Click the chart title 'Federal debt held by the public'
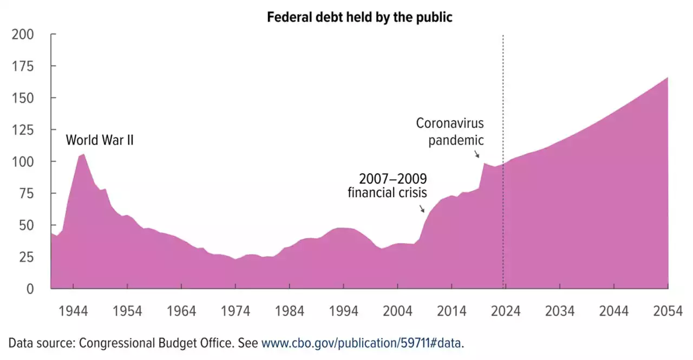(x=359, y=17)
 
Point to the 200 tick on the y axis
(x=23, y=35)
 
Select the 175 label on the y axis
(x=23, y=67)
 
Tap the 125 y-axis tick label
(x=23, y=130)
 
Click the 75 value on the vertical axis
(x=26, y=193)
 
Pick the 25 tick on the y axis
(x=26, y=257)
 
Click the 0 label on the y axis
(x=30, y=289)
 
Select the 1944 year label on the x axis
(x=74, y=311)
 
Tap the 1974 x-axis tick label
(x=236, y=311)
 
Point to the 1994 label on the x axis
(x=344, y=311)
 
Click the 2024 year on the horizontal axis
(x=506, y=311)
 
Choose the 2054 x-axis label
(x=668, y=311)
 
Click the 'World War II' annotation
(x=100, y=140)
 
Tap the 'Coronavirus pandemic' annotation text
(x=449, y=132)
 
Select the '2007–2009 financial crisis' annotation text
(x=387, y=186)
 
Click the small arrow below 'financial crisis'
(x=422, y=208)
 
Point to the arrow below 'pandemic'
(x=476, y=154)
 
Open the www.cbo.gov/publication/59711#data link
(x=363, y=343)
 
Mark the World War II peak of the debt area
(x=83, y=155)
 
